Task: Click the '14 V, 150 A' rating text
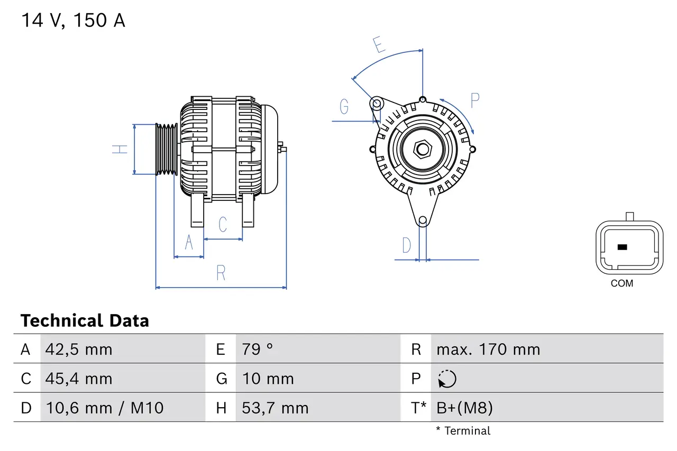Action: (73, 21)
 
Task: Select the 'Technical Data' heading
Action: (85, 321)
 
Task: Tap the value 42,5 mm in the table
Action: (79, 349)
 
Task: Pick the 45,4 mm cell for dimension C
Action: (79, 379)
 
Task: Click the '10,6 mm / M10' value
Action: (104, 408)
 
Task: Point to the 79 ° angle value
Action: (258, 349)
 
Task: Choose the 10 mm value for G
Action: (268, 379)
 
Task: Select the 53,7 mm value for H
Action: (275, 408)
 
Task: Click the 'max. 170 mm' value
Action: (488, 349)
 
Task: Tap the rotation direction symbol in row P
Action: (447, 379)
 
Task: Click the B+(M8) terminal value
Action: (464, 408)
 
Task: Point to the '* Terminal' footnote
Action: (463, 431)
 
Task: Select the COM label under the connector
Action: (621, 283)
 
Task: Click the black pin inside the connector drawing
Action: (622, 247)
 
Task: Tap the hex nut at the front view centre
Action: (422, 149)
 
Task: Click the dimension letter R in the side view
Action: (221, 273)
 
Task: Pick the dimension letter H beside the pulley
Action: (121, 149)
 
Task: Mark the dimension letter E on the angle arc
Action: (378, 45)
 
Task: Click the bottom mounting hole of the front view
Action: (423, 220)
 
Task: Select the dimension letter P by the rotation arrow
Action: (474, 100)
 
